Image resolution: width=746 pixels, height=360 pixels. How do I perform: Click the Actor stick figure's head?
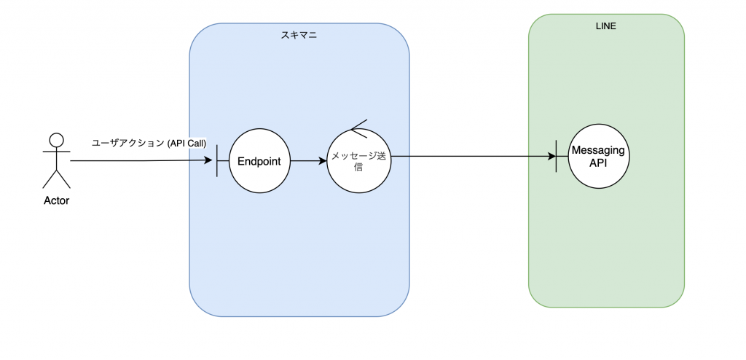[x=57, y=139]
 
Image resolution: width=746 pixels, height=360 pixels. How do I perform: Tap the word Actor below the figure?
[x=57, y=201]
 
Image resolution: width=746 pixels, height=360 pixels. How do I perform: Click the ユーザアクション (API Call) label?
[x=149, y=143]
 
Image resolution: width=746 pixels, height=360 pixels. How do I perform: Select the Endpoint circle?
[x=259, y=161]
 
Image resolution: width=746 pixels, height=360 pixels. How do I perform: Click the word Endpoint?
[x=259, y=162]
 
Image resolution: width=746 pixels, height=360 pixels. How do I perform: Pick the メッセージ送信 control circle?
[x=358, y=161]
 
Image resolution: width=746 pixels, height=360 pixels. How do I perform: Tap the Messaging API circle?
[x=599, y=156]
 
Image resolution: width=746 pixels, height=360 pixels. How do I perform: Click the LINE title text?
[x=605, y=27]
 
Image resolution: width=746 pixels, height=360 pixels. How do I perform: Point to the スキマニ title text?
[x=299, y=35]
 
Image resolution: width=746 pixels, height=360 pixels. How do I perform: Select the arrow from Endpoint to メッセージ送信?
[x=308, y=161]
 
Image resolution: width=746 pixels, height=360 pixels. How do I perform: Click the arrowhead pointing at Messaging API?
[x=552, y=156]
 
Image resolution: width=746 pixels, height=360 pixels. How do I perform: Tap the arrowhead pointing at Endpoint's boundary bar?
[x=208, y=160]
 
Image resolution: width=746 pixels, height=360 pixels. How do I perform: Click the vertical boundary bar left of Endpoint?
[x=217, y=161]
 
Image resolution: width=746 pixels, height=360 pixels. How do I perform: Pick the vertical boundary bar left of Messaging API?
[x=556, y=156]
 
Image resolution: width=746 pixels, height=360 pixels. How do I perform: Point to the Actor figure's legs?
[x=57, y=179]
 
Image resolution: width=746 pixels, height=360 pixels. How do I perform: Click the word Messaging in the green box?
[x=598, y=150]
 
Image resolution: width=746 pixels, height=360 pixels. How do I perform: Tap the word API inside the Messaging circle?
[x=599, y=163]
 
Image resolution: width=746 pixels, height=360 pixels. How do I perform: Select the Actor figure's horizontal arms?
[x=57, y=152]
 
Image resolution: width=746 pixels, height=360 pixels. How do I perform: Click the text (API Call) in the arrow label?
[x=186, y=143]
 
